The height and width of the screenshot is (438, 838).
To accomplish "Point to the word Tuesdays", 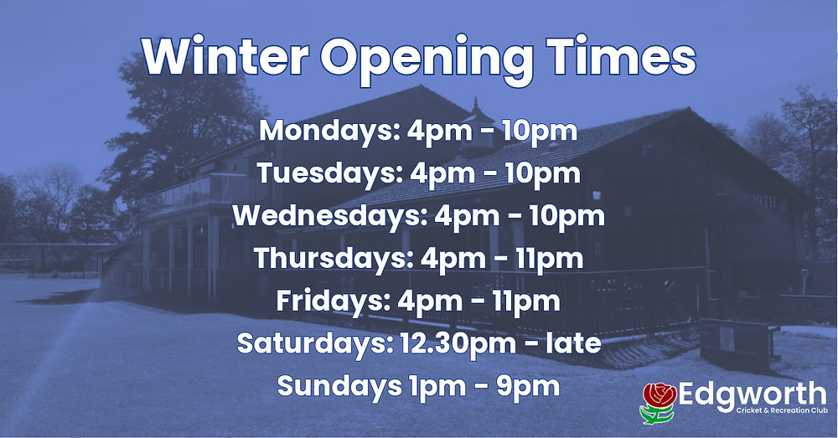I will click(316, 173).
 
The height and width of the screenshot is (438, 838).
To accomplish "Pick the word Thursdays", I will click(316, 258).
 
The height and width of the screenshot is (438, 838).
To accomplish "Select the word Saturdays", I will click(304, 343).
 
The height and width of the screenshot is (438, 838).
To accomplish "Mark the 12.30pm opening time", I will click(442, 343).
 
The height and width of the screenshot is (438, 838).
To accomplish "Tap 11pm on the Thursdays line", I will click(549, 258).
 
